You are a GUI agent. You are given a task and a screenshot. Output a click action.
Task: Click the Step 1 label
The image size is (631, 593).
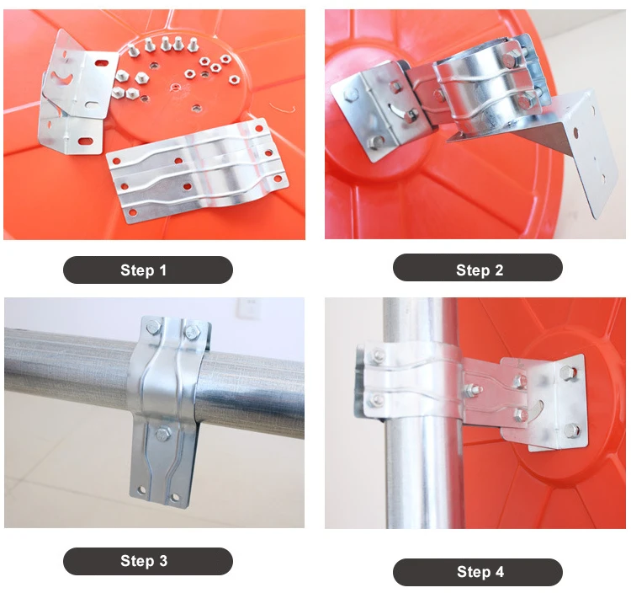(x=144, y=270)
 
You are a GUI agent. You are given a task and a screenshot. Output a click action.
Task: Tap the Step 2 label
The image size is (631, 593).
(x=480, y=270)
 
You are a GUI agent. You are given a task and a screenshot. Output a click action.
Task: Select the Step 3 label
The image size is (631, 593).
(x=144, y=561)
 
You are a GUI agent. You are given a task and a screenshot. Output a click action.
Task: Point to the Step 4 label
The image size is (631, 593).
(x=480, y=572)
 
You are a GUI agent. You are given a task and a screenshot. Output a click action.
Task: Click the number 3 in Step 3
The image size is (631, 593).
(x=163, y=561)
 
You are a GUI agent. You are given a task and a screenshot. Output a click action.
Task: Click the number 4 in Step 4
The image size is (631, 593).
(x=500, y=572)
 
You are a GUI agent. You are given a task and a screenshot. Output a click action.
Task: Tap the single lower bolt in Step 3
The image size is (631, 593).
(x=162, y=434)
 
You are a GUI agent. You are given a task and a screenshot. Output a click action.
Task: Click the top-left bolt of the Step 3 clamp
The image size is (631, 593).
(x=153, y=328)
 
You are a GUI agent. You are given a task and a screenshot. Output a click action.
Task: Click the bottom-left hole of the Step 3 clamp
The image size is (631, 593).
(x=141, y=490)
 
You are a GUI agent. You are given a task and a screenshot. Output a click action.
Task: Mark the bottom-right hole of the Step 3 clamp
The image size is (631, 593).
(x=175, y=498)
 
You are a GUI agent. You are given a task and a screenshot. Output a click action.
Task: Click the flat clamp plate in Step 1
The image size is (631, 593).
(x=197, y=170)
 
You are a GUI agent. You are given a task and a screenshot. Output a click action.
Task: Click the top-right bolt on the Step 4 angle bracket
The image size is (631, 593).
(x=567, y=372)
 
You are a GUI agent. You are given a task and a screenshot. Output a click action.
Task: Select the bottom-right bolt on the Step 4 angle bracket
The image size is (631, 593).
(x=572, y=430)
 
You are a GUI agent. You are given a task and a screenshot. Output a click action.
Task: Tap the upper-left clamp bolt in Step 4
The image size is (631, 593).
(x=378, y=355)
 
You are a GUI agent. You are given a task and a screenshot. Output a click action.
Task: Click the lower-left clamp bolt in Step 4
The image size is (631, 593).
(x=378, y=399)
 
